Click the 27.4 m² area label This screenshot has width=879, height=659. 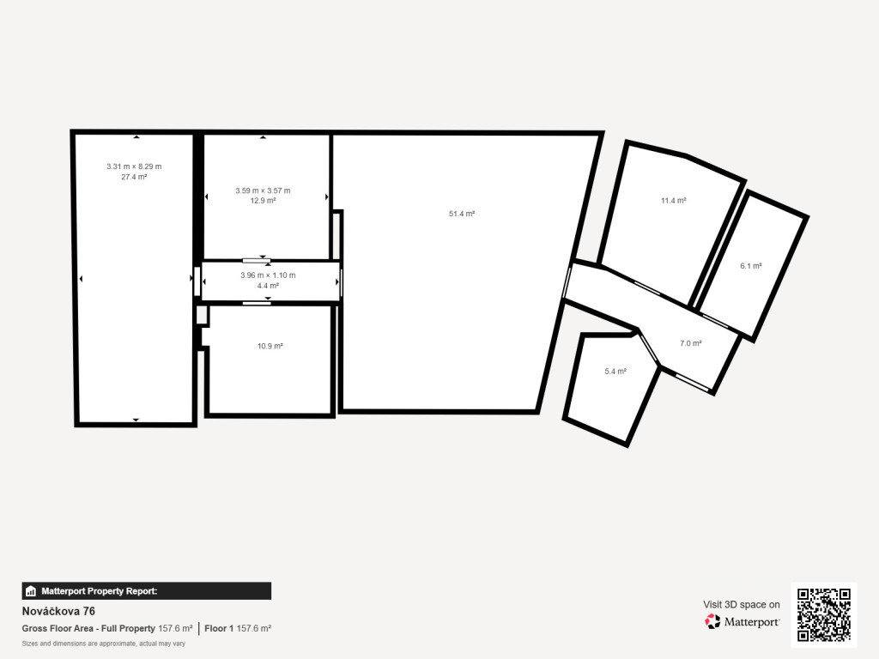[134, 177]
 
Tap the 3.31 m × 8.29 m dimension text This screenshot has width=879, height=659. [134, 166]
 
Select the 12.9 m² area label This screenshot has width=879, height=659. [263, 201]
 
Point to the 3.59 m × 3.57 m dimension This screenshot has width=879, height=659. [263, 190]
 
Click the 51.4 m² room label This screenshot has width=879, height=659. [462, 214]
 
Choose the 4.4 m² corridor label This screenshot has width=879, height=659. [268, 286]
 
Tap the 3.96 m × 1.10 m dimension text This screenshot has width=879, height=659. [268, 275]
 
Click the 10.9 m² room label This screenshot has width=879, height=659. [270, 347]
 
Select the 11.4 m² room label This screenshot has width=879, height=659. [674, 201]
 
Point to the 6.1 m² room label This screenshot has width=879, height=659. [751, 266]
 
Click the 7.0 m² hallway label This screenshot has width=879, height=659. [691, 343]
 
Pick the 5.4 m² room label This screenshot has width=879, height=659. [615, 372]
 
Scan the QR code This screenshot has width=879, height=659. [824, 614]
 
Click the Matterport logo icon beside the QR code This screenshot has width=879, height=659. [712, 621]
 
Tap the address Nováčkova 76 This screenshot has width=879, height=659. [59, 611]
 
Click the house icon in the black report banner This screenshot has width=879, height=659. [31, 591]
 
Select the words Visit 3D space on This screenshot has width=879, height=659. [742, 605]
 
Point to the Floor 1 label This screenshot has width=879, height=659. [219, 629]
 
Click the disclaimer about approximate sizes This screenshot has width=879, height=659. [104, 644]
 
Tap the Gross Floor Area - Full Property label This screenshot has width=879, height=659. [88, 629]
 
